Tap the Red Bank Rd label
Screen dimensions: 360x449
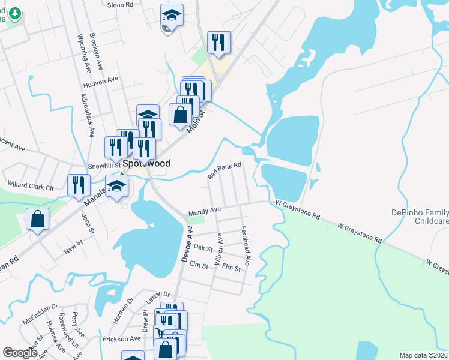(x=224, y=171)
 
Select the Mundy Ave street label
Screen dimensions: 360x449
(x=205, y=211)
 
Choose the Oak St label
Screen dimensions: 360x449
(x=203, y=248)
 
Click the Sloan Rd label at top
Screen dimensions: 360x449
(x=119, y=4)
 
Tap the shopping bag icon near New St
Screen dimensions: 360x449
(x=38, y=220)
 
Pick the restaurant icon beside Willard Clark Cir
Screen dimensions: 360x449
(x=79, y=185)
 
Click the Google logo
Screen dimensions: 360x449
(x=20, y=353)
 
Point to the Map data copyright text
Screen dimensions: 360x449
(x=423, y=355)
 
